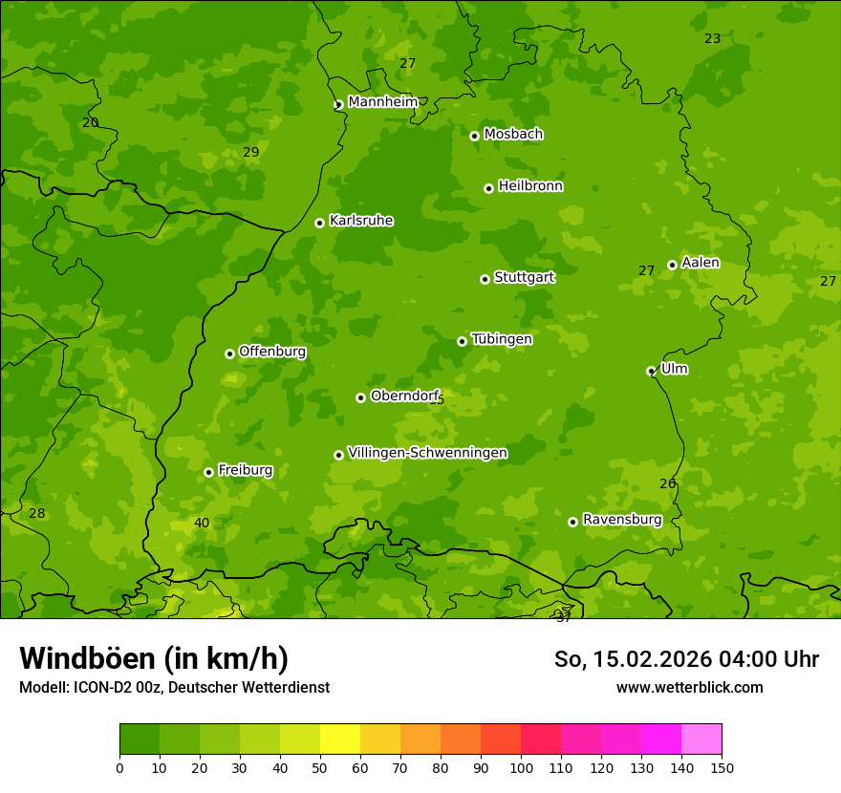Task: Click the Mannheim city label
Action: [x=383, y=102]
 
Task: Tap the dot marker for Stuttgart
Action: [x=485, y=279]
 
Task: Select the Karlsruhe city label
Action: [x=361, y=221]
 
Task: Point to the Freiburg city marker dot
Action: [x=208, y=472]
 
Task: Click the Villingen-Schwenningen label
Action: [x=427, y=453]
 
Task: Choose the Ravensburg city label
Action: [x=622, y=520]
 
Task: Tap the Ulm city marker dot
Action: [x=651, y=371]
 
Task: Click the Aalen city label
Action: [x=701, y=263]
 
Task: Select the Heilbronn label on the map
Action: [x=530, y=186]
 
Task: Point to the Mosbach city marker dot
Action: [x=474, y=136]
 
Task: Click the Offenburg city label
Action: [x=272, y=352]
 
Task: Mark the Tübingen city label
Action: [x=502, y=339]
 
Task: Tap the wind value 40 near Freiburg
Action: [x=202, y=523]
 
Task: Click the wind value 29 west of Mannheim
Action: [x=250, y=152]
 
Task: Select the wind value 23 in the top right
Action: [x=712, y=38]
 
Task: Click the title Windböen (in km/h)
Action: [x=154, y=658]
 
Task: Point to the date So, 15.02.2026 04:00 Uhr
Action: [x=686, y=659]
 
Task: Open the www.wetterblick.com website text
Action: [x=689, y=687]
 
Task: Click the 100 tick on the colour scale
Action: [x=521, y=767]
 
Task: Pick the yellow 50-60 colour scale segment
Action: [x=340, y=739]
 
